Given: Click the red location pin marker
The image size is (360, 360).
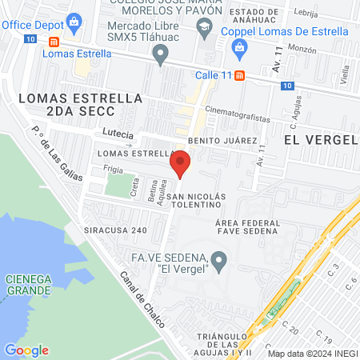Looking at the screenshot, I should pos(179,166).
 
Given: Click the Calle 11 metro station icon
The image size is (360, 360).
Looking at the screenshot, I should pos(251,74).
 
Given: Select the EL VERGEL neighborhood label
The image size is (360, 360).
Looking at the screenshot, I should pos(320,139).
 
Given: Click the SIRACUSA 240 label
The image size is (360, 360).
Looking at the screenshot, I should pos(115,229).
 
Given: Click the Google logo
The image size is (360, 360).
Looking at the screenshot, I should pos(26,350).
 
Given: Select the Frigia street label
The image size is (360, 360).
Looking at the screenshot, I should pos(113,170).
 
